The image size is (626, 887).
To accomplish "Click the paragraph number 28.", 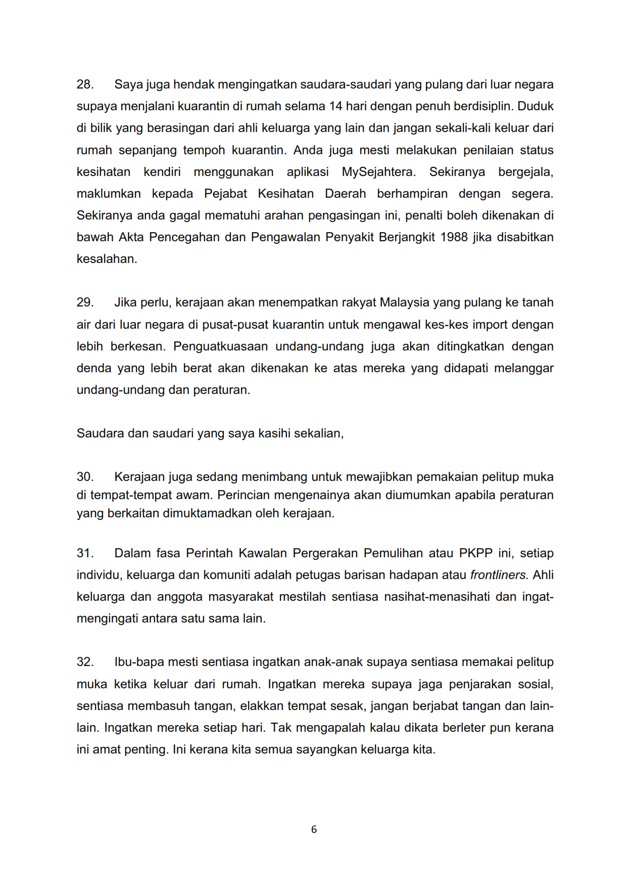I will (85, 84).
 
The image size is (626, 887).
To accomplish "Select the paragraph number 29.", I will (85, 302).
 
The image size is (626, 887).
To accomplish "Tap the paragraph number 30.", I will (85, 477).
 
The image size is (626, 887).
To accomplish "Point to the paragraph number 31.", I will (85, 553).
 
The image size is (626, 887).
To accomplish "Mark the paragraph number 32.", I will (85, 662).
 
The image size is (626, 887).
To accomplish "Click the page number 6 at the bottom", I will (314, 829).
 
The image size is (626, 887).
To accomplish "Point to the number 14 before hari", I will (336, 107).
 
